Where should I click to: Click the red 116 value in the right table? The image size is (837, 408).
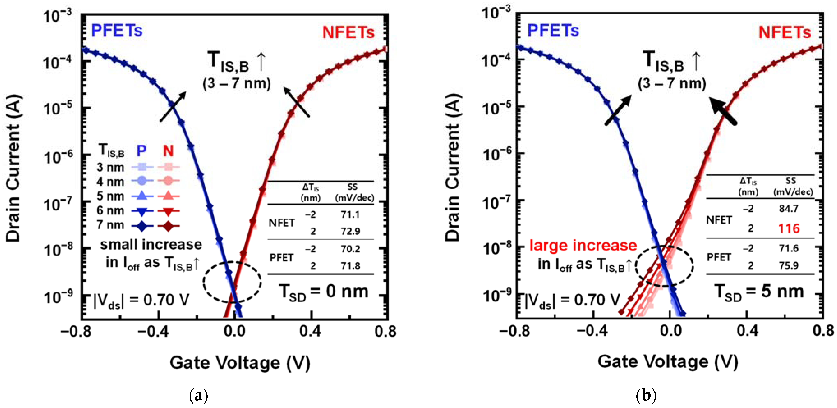pyautogui.click(x=789, y=228)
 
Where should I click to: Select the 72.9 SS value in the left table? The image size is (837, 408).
pyautogui.click(x=350, y=231)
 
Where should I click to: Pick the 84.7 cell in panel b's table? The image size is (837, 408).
pyautogui.click(x=788, y=208)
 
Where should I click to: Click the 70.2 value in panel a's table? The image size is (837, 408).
pyautogui.click(x=350, y=249)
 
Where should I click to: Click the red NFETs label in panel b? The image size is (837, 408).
pyautogui.click(x=784, y=32)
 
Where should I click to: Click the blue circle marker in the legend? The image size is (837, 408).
pyautogui.click(x=142, y=181)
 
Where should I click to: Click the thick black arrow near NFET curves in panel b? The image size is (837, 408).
pyautogui.click(x=723, y=112)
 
